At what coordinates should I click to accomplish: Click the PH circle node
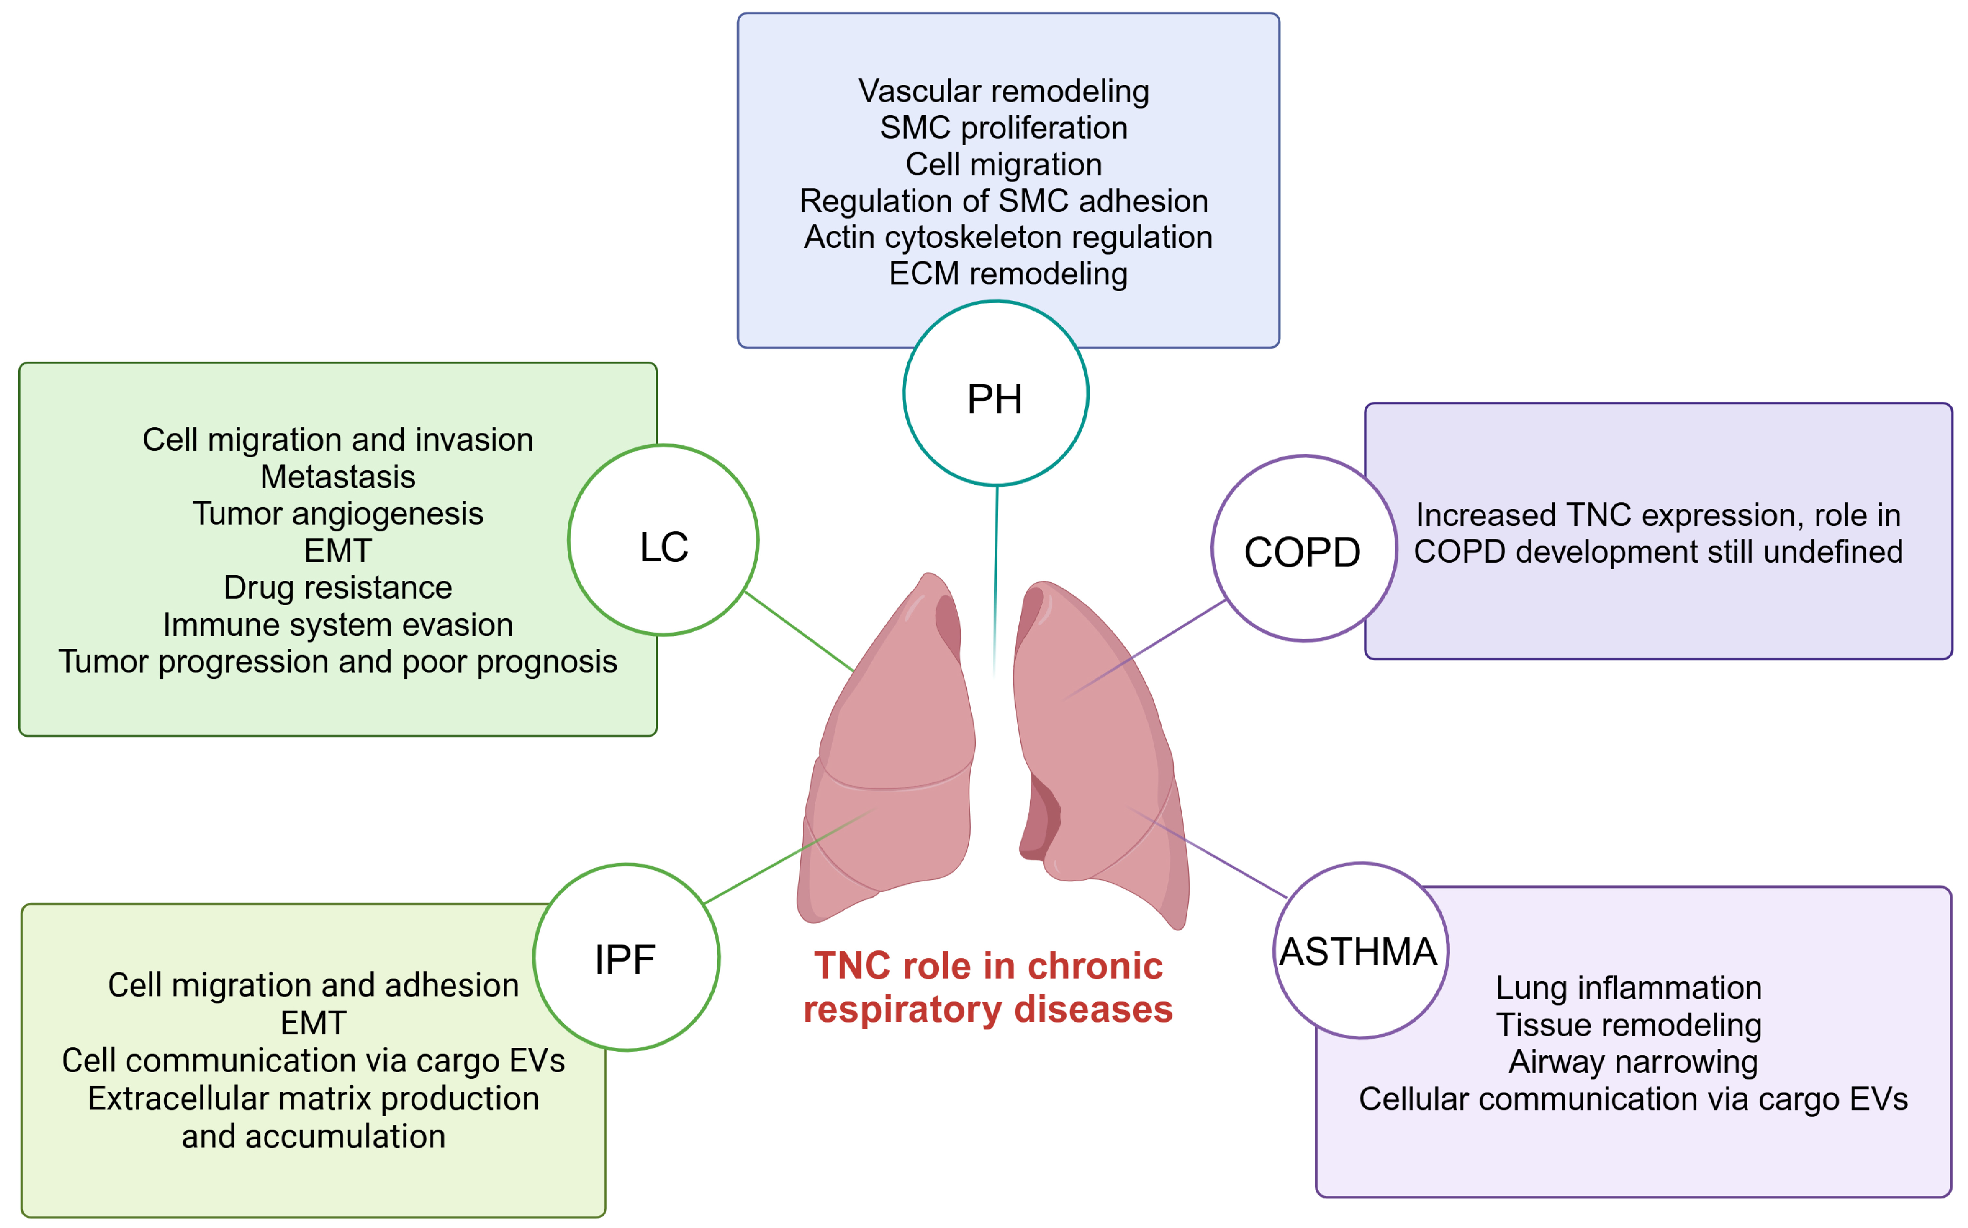pyautogui.click(x=995, y=394)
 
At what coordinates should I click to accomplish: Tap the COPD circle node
pyautogui.click(x=1303, y=549)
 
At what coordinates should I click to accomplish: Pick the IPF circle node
pyautogui.click(x=626, y=957)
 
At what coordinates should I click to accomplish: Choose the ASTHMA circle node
pyautogui.click(x=1360, y=950)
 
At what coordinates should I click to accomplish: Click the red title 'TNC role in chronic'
pyautogui.click(x=988, y=966)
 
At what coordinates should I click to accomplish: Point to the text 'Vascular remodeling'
pyautogui.click(x=1003, y=91)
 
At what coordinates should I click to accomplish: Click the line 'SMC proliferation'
pyautogui.click(x=1003, y=127)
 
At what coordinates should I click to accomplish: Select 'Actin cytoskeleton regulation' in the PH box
pyautogui.click(x=1008, y=237)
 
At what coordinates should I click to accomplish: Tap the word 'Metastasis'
pyautogui.click(x=338, y=477)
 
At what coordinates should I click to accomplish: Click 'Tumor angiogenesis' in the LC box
pyautogui.click(x=338, y=513)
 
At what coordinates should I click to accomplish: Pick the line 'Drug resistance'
pyautogui.click(x=338, y=587)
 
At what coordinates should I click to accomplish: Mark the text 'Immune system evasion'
pyautogui.click(x=338, y=625)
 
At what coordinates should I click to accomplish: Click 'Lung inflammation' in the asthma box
pyautogui.click(x=1629, y=988)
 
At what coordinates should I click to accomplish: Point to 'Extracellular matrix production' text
pyautogui.click(x=314, y=1098)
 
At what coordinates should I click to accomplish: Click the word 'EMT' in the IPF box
pyautogui.click(x=314, y=1023)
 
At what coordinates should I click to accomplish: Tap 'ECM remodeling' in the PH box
pyautogui.click(x=1008, y=274)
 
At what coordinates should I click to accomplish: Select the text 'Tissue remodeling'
pyautogui.click(x=1629, y=1025)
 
